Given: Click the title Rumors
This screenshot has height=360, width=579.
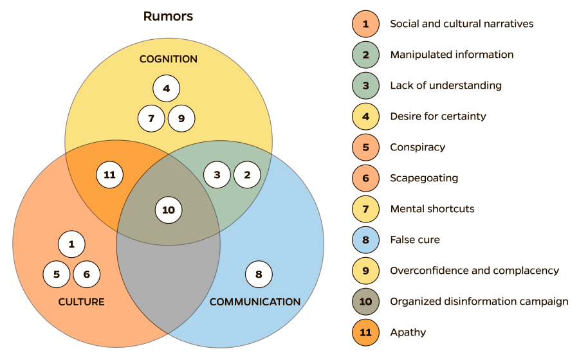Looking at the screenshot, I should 168,17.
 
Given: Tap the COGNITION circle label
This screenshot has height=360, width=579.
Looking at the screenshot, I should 168,59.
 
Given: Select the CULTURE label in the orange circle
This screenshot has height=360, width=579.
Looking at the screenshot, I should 81,301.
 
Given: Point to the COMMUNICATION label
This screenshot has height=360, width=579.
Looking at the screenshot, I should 255,301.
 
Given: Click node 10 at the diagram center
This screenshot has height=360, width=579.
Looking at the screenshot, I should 169,210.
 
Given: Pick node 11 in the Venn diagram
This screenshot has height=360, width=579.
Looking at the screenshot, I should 109,174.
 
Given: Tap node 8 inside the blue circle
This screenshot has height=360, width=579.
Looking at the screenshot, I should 259,274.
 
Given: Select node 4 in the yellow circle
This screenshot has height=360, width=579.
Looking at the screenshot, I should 166,89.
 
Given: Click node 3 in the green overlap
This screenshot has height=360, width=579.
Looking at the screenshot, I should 217,174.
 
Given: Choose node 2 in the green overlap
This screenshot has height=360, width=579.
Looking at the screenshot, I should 246,174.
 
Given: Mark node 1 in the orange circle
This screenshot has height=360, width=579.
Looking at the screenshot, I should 71,244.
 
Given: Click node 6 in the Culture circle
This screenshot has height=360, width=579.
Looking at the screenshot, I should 86,274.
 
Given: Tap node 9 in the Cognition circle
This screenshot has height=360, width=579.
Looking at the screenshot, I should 181,118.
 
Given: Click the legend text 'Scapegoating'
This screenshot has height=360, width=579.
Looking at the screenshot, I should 424,178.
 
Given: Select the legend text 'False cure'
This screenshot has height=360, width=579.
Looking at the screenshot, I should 415,240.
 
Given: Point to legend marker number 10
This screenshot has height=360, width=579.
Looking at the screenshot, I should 365,301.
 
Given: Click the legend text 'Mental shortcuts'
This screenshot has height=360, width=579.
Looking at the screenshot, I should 432,209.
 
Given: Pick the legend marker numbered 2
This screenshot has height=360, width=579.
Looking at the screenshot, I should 365,55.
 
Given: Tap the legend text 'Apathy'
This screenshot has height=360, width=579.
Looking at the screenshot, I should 408,332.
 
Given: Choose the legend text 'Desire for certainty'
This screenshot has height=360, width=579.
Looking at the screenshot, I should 437,116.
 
